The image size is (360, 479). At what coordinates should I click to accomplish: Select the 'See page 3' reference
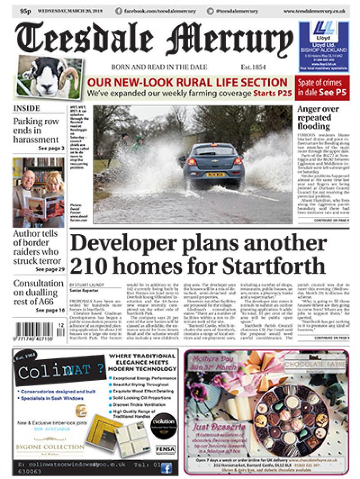point(51,148)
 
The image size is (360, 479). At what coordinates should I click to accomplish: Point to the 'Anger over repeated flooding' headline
point(318,118)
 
